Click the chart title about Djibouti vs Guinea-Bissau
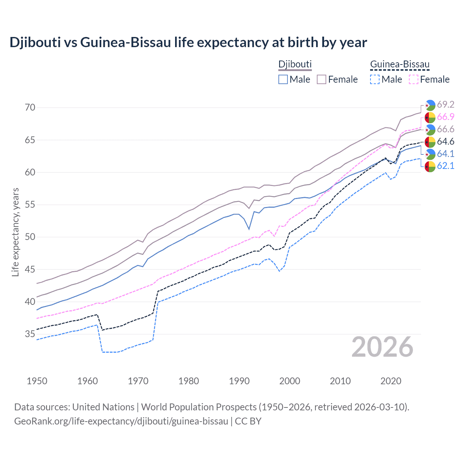click(188, 42)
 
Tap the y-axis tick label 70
click(30, 108)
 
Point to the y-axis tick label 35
click(30, 334)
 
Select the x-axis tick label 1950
click(37, 381)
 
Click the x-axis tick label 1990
click(239, 381)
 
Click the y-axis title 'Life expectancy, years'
click(16, 232)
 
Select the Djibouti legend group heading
click(295, 65)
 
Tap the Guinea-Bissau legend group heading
click(399, 65)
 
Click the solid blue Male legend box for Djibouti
click(283, 79)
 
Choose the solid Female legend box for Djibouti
click(322, 79)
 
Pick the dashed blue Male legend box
click(375, 79)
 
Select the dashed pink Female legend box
click(413, 79)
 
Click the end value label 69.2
click(446, 105)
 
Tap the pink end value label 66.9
click(446, 117)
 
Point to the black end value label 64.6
click(446, 142)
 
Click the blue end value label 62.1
click(446, 166)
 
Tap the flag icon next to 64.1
click(430, 154)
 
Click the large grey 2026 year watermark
click(382, 347)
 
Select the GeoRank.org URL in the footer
click(121, 421)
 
